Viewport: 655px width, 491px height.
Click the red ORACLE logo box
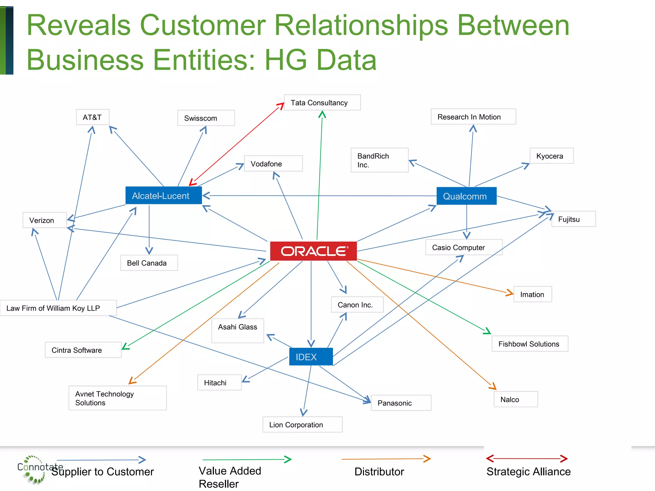click(313, 251)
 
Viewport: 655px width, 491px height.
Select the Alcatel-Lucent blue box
click(163, 196)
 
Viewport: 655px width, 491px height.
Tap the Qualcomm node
click(466, 196)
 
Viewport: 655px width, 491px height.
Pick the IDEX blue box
click(311, 357)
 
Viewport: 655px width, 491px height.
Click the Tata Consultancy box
click(322, 103)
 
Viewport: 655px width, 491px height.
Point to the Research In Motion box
click(473, 117)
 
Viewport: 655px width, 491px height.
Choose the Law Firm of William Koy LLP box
click(58, 308)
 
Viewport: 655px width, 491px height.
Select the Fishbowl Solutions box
click(530, 344)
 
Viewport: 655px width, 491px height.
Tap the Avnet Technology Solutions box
click(117, 398)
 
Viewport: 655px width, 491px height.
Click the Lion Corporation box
click(302, 425)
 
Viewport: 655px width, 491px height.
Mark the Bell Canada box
click(149, 263)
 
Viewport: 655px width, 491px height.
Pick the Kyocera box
click(551, 156)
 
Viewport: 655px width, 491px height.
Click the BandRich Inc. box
click(379, 160)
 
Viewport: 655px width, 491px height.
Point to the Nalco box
click(516, 399)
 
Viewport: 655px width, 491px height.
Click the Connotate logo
click(34, 469)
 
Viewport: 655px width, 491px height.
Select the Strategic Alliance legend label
click(528, 472)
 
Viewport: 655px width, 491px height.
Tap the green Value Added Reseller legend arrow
click(247, 459)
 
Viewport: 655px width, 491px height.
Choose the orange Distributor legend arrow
click(386, 459)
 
